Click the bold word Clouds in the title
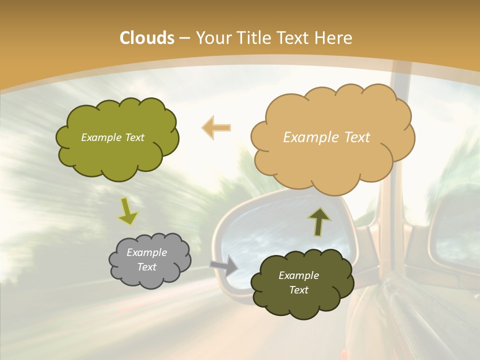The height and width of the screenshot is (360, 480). (x=146, y=38)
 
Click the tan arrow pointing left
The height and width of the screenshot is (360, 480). (x=216, y=127)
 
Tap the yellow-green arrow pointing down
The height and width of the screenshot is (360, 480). (x=128, y=211)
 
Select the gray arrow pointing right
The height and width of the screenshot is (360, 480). (x=224, y=265)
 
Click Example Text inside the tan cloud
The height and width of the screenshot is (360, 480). (x=326, y=137)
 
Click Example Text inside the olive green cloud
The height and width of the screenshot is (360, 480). (x=112, y=137)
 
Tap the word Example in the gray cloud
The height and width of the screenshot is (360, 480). (x=146, y=252)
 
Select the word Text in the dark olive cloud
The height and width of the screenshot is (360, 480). (x=298, y=290)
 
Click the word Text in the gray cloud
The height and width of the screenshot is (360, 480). (x=146, y=267)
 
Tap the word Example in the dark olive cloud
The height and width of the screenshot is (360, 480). (x=298, y=275)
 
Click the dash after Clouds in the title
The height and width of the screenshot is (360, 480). (x=184, y=38)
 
